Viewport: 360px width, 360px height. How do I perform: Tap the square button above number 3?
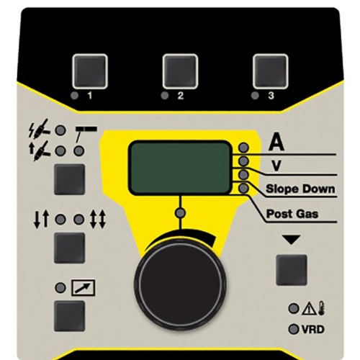[x=270, y=71]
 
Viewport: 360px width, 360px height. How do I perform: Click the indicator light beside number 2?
[x=165, y=96]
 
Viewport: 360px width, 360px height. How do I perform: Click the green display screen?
[x=180, y=168]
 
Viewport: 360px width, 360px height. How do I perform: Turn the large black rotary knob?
[x=180, y=284]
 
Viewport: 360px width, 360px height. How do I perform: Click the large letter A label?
[x=276, y=142]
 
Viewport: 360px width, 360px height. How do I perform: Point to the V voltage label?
[x=276, y=166]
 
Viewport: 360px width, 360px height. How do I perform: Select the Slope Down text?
[x=300, y=189]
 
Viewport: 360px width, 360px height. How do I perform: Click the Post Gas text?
[x=292, y=214]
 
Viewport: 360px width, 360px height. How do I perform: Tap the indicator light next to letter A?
[x=243, y=148]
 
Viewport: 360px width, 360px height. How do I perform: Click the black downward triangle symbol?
[x=292, y=240]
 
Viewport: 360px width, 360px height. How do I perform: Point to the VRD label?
[x=313, y=329]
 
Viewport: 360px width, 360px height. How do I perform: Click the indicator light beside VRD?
[x=294, y=329]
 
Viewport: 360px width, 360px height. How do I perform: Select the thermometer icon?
[x=322, y=309]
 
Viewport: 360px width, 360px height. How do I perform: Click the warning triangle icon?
[x=310, y=310]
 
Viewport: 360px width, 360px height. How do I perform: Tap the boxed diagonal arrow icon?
[x=84, y=287]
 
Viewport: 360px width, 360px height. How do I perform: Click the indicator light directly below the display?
[x=180, y=213]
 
